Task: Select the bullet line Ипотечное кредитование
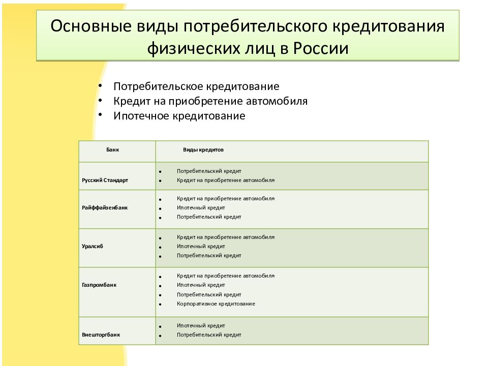coord(179,116)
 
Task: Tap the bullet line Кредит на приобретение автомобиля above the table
coord(210,101)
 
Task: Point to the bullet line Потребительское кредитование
coord(196,86)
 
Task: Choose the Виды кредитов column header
coord(203,150)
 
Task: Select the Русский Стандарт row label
coord(105,180)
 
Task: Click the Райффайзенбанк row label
coord(105,208)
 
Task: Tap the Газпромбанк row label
coord(99,285)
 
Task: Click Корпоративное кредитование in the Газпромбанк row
coord(216,304)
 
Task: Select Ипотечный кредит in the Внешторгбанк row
coord(201,325)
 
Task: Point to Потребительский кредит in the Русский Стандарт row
coord(209,171)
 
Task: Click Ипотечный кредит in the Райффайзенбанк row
coord(201,207)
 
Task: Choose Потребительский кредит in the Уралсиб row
coord(209,256)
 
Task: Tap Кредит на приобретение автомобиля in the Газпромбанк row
coord(226,276)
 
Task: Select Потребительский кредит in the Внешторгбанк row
coord(209,335)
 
